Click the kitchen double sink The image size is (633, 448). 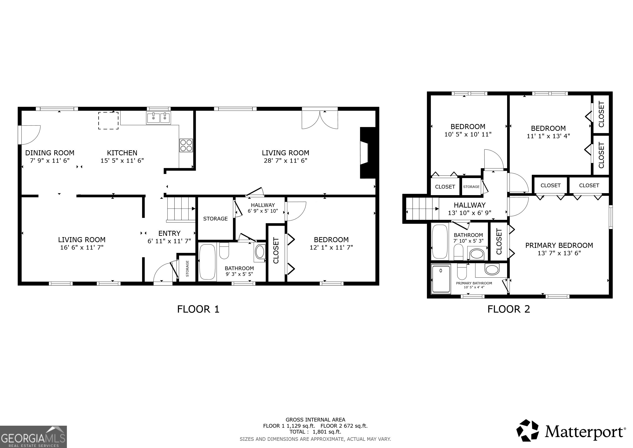pos(158,118)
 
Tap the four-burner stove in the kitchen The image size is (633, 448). pos(186,145)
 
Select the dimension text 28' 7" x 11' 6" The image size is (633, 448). pos(285,161)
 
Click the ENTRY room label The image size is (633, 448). pos(169,233)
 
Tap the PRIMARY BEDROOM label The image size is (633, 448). pos(559,245)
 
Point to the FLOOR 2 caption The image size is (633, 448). pos(509,309)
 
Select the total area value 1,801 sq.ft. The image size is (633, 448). pos(327,432)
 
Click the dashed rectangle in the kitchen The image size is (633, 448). pos(108,121)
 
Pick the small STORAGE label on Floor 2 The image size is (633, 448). pos(471,187)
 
